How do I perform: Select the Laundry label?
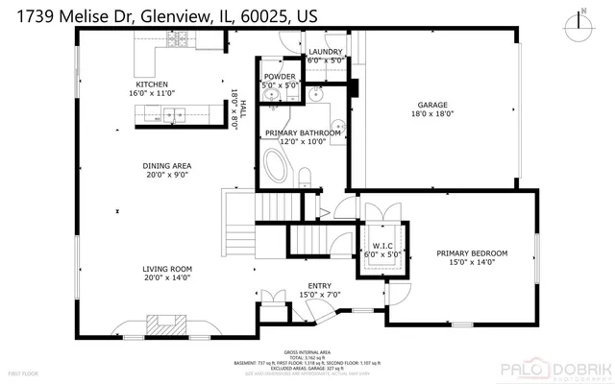coord(325,51)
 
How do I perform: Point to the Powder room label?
coord(280,76)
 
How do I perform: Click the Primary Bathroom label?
coord(309,132)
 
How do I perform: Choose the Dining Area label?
coord(167,165)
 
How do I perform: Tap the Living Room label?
coord(167,269)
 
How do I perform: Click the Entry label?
coord(319,285)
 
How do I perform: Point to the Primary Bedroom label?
coord(472,253)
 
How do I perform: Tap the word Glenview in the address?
coord(169,15)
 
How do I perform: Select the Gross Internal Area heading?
coord(307,352)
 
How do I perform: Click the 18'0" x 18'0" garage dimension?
coord(430,113)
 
